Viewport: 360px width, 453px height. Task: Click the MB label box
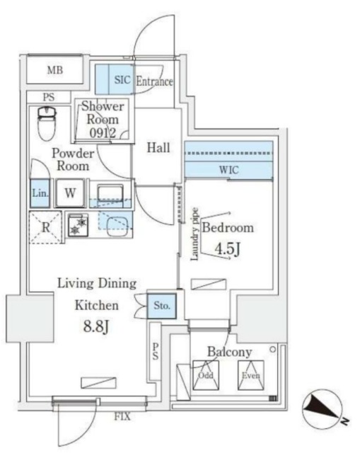[55, 70]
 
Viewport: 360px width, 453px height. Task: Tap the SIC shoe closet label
[122, 81]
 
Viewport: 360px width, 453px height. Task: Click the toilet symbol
[46, 125]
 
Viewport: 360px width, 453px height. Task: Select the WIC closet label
[228, 170]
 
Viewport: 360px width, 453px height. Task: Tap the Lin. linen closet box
[40, 193]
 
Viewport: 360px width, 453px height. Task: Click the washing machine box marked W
[71, 193]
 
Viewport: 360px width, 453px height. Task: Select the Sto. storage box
[161, 306]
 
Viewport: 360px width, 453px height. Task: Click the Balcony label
[230, 352]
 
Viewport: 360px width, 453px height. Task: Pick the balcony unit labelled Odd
[207, 374]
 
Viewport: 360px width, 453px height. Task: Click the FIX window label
[122, 417]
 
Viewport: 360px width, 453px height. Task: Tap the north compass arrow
[323, 408]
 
